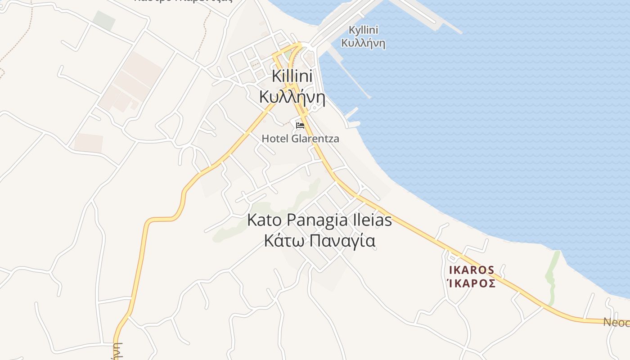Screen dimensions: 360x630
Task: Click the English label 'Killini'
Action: (292, 76)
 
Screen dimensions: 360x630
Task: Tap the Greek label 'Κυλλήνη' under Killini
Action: (292, 96)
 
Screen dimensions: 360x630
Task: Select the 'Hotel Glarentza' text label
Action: (300, 139)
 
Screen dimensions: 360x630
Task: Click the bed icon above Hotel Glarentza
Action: (300, 126)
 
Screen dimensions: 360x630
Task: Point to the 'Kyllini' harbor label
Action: (363, 30)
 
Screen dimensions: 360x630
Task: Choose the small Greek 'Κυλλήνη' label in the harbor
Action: (363, 43)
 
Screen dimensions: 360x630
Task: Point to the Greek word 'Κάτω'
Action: (279, 241)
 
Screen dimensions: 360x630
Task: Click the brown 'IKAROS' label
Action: (472, 270)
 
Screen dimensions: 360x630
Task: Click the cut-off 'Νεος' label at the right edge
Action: (616, 322)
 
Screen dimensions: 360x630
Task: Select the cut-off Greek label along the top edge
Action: (183, 1)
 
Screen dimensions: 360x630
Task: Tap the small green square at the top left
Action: (104, 21)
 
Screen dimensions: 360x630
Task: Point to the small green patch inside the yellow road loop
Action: (287, 54)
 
